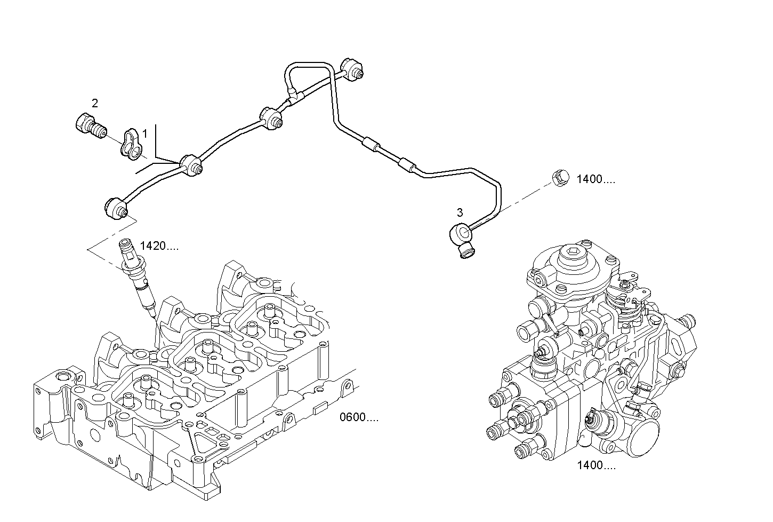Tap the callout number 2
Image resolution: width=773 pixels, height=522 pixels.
(95, 104)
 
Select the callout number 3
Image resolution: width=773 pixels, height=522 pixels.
(460, 213)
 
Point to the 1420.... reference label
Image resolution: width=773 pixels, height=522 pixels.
(159, 246)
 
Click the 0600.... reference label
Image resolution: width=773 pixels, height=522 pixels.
(359, 417)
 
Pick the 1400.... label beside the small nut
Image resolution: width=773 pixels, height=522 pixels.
(595, 180)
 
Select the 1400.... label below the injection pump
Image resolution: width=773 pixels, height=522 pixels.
(596, 465)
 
